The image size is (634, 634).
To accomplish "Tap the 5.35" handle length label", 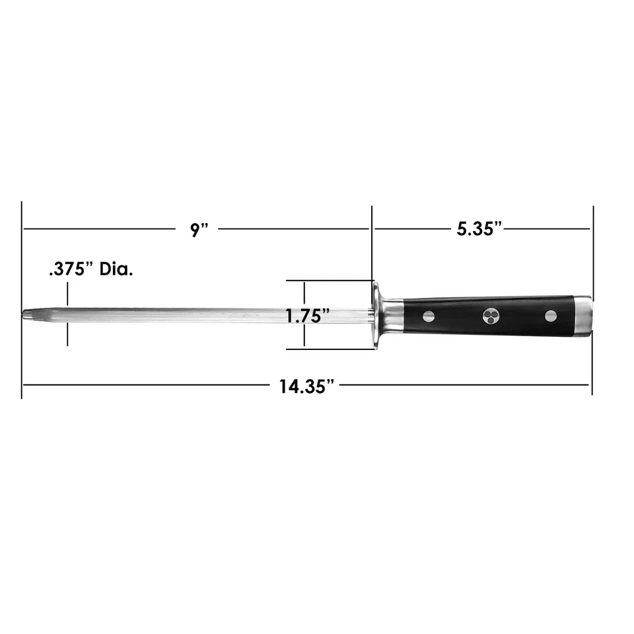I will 479,229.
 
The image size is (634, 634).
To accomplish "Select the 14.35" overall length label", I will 305,386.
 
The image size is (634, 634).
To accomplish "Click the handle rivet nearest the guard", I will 429,316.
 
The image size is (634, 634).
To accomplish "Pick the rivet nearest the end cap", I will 551,316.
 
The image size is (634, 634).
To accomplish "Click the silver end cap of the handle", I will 582,316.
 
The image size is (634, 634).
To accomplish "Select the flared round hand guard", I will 377,316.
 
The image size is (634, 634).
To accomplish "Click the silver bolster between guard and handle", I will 393,316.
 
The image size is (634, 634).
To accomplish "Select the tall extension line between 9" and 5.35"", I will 372,244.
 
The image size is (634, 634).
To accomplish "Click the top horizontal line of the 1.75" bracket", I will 330,281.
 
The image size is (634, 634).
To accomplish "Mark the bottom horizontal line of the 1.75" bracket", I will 330,349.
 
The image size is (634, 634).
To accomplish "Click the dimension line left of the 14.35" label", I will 145,384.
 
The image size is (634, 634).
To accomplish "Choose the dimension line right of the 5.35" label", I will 548,229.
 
